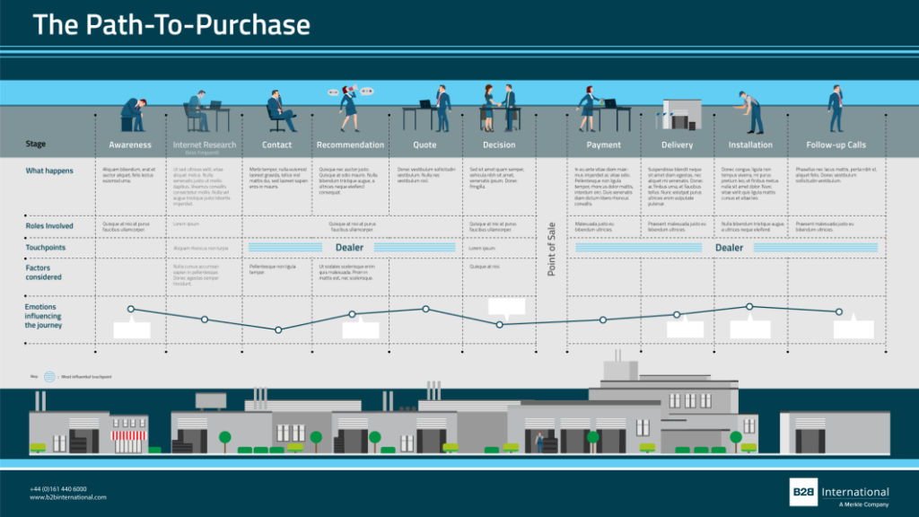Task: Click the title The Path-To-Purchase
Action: (171, 25)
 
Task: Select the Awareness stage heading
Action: (130, 145)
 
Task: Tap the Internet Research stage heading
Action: (205, 145)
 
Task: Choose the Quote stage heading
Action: (424, 145)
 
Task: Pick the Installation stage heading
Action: (750, 145)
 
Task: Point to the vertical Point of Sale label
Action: (552, 249)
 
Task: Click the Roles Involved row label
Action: (49, 226)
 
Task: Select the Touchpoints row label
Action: (47, 248)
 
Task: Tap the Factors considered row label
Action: (44, 272)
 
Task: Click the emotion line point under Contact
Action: (278, 330)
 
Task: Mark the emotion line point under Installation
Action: (750, 307)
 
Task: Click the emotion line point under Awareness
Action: (131, 309)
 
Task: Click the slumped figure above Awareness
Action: (133, 115)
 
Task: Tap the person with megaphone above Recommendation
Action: (348, 107)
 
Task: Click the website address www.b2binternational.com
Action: (68, 497)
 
